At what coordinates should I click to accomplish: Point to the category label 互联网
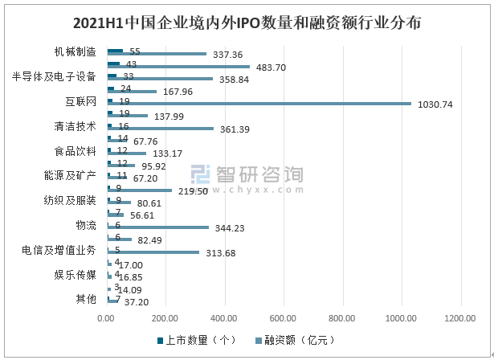click(80, 101)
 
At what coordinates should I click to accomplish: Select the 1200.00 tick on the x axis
click(461, 317)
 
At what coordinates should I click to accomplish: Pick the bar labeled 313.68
click(153, 252)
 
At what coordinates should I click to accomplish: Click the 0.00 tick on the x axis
click(107, 317)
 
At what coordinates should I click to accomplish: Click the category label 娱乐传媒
click(75, 274)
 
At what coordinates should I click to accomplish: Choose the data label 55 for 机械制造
click(134, 51)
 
